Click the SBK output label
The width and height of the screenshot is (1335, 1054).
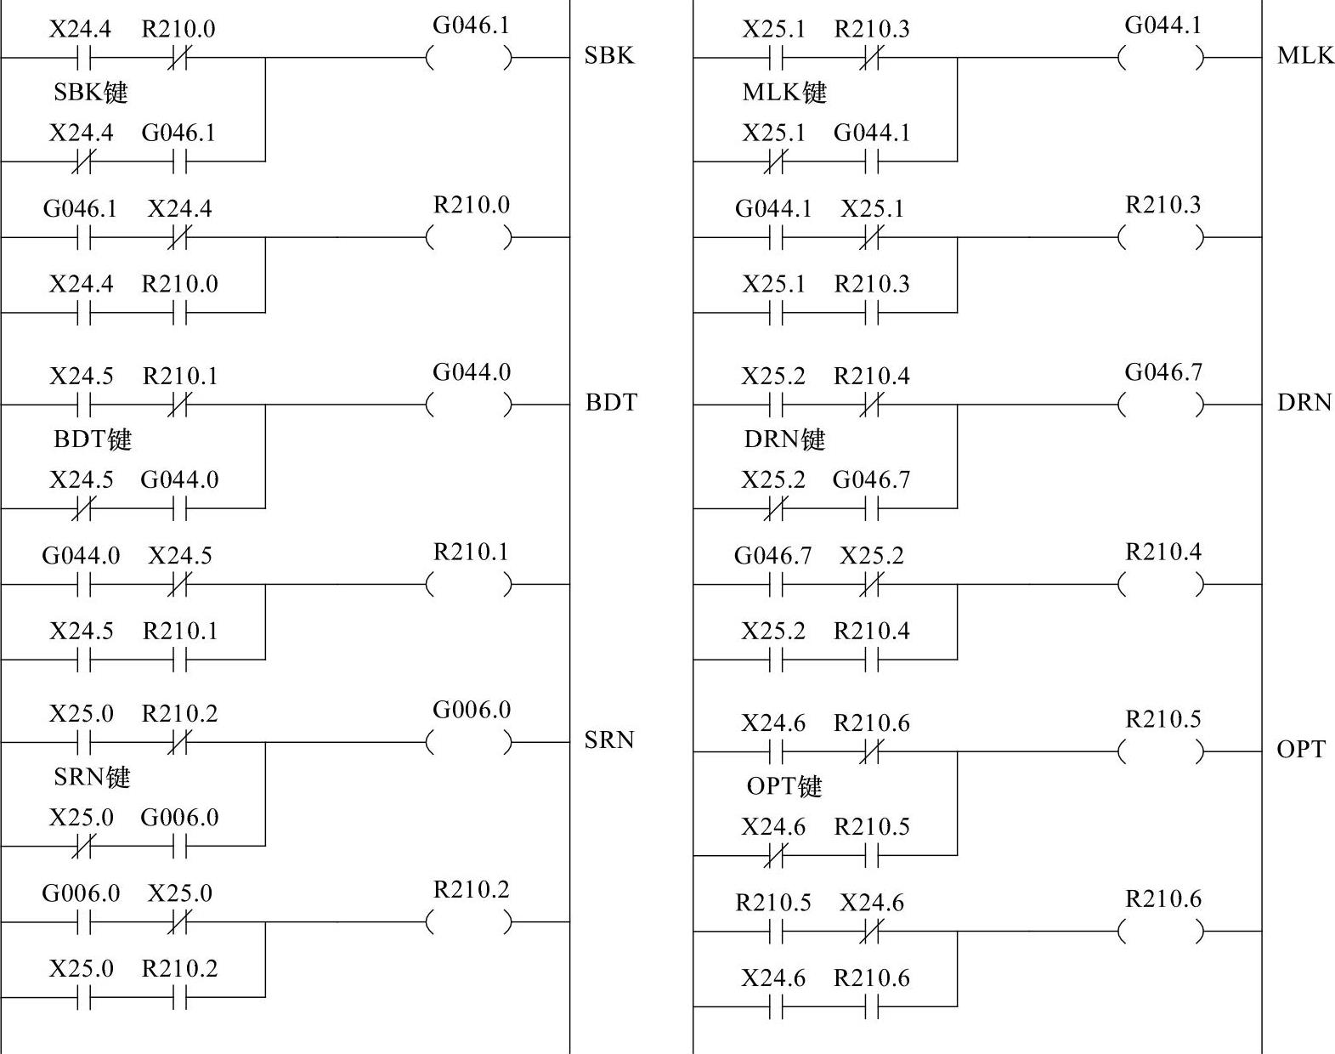[608, 56]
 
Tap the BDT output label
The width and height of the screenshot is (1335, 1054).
[610, 402]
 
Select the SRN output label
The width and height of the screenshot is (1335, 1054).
[608, 740]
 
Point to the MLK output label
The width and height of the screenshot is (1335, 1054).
[1304, 56]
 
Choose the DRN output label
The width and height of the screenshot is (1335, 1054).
[1304, 402]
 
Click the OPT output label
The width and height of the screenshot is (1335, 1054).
[1300, 750]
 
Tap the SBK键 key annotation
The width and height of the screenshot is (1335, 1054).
[90, 92]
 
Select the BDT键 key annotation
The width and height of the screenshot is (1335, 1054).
[92, 439]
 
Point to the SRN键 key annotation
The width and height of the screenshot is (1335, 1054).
[91, 777]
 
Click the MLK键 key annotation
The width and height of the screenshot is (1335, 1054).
[783, 92]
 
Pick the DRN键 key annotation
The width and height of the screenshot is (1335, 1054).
[783, 439]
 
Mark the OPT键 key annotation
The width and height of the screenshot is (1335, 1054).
[783, 786]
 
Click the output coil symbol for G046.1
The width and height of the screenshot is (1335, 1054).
[470, 58]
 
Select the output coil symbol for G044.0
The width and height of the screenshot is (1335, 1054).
[470, 405]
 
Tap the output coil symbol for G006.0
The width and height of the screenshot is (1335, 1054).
[470, 742]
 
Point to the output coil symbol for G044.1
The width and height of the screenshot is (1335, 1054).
[1162, 58]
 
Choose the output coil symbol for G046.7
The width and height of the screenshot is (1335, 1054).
[1162, 405]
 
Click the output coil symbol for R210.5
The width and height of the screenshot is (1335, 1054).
[1162, 751]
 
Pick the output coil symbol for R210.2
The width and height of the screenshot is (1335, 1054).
[470, 921]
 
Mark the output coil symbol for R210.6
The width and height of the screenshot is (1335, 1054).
[1162, 932]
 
